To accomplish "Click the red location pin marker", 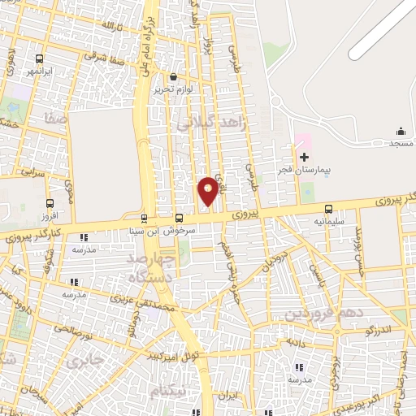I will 208,190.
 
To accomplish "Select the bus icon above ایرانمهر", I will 40,58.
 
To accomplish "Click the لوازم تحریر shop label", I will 173,89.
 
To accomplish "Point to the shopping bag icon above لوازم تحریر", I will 173,77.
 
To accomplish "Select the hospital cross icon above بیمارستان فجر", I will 305,157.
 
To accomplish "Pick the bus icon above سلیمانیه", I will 328,209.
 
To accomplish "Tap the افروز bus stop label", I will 50,218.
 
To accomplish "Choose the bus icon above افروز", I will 50,204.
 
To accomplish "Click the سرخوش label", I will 180,230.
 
